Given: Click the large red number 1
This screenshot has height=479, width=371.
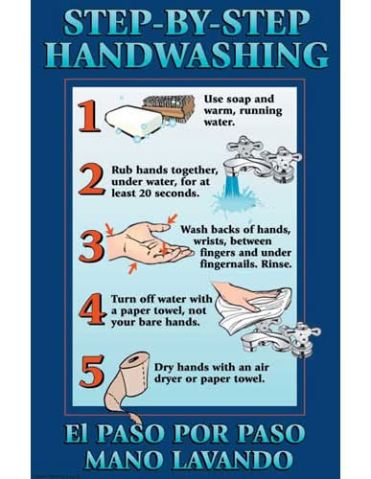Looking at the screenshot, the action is [x=89, y=116].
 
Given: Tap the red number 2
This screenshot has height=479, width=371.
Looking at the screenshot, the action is [x=91, y=179].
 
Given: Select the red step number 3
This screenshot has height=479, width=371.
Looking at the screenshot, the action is [x=92, y=246].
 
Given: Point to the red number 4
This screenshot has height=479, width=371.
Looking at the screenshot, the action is [x=92, y=309].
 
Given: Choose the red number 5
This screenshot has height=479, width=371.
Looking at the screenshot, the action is [x=92, y=371].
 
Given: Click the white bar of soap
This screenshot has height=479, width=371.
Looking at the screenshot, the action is [x=133, y=122].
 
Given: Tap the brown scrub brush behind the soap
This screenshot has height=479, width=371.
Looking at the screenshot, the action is [x=171, y=108].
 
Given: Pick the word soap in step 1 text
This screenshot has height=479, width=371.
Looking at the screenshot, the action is [x=238, y=100].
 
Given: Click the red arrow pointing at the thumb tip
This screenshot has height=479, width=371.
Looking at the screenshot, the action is [x=173, y=218].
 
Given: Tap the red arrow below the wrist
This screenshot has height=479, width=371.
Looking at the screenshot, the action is [x=132, y=268].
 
